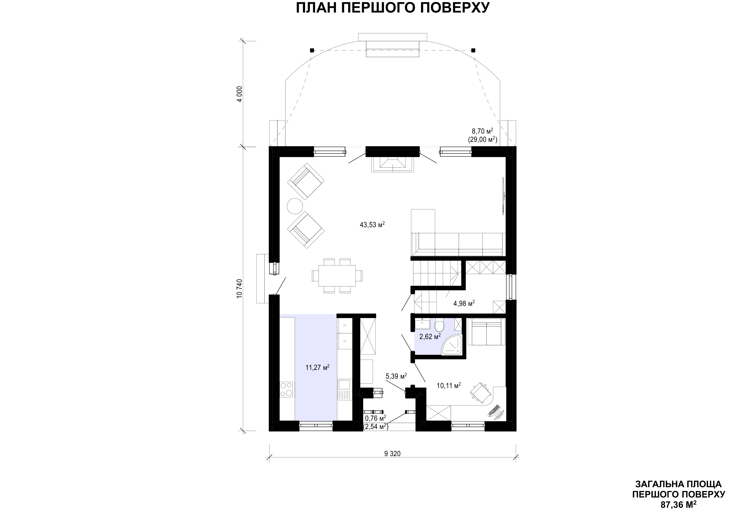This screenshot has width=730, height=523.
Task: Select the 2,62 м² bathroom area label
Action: click(430, 337)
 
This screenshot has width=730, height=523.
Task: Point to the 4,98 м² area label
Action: click(464, 303)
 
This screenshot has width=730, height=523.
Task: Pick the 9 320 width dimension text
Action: click(392, 454)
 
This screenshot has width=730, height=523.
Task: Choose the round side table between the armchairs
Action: click(295, 206)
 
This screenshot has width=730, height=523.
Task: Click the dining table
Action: click(337, 275)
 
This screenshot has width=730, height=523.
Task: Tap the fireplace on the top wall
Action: click(392, 164)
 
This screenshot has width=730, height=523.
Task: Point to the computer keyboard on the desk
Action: click(494, 410)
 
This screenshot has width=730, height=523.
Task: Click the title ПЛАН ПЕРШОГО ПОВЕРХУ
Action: click(392, 8)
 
